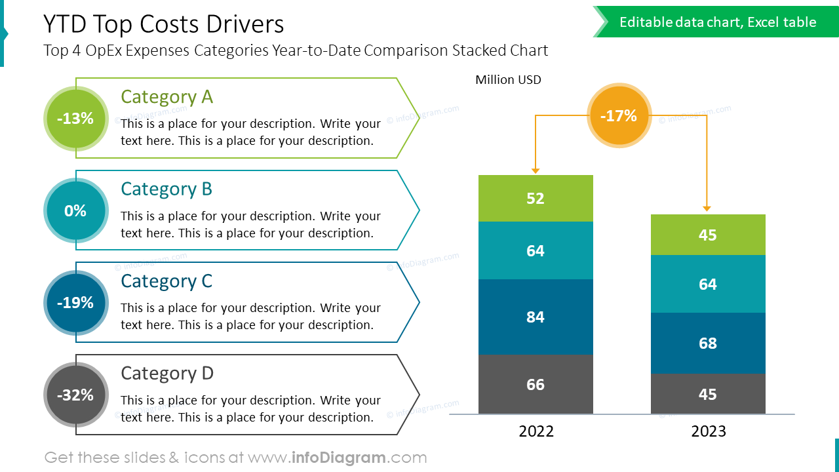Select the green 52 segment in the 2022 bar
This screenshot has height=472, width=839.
[x=536, y=198]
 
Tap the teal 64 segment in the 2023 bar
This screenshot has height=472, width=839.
[x=708, y=284]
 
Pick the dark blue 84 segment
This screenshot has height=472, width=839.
[x=536, y=317]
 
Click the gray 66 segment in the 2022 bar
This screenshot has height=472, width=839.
[x=536, y=384]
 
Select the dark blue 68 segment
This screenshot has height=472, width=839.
[x=708, y=343]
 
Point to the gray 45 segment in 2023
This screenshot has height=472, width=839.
[x=708, y=394]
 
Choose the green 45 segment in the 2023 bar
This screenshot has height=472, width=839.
[x=708, y=235]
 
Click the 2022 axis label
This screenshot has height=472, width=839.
[x=536, y=431]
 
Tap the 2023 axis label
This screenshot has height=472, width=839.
[x=709, y=431]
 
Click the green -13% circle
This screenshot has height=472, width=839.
[x=75, y=119]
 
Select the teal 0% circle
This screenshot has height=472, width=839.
[x=75, y=210]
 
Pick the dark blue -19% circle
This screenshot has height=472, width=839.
[x=75, y=303]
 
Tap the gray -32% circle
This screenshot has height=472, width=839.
[x=75, y=395]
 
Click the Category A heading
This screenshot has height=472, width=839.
[x=166, y=97]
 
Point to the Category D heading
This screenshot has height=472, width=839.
[x=167, y=374]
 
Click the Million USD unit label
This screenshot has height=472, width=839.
[x=508, y=80]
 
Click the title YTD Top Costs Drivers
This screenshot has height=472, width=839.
[x=164, y=24]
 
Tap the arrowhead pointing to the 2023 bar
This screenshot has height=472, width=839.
[x=707, y=208]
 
